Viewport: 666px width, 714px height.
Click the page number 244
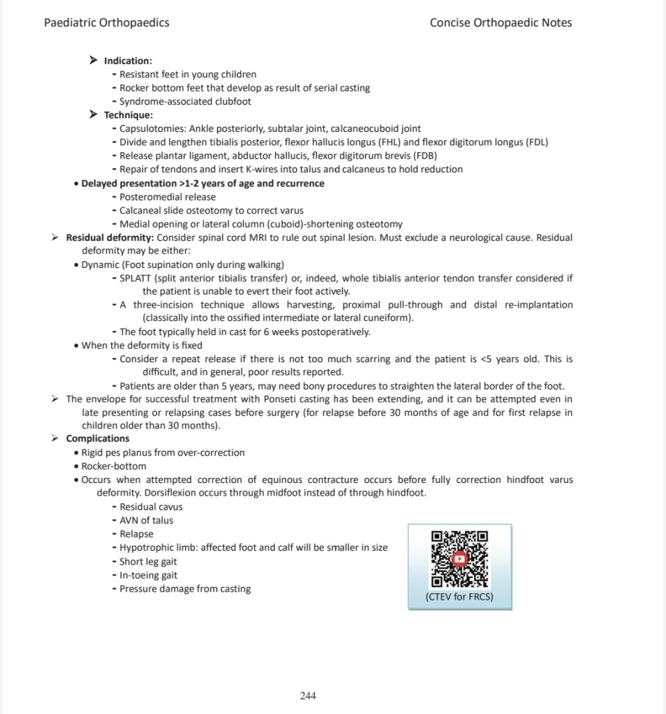click(308, 695)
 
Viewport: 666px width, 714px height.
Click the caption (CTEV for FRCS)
click(459, 597)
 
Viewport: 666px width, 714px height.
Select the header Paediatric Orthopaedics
click(106, 22)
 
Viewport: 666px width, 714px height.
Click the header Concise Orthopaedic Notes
click(501, 22)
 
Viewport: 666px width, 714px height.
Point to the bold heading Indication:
click(128, 61)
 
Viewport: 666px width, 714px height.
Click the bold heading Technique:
click(128, 115)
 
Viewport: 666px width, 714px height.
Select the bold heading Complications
click(98, 438)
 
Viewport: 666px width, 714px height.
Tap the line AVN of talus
click(147, 520)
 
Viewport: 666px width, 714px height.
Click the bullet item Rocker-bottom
click(114, 466)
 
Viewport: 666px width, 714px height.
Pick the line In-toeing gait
click(149, 575)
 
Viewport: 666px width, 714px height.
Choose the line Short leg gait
click(149, 561)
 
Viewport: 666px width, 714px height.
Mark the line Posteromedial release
click(168, 197)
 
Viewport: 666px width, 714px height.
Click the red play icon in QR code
click(459, 558)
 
